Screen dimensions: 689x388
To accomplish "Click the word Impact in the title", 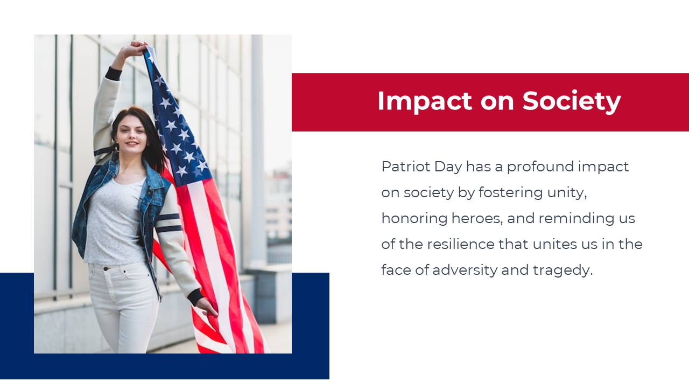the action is point(425,101).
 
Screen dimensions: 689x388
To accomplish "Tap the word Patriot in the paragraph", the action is point(406,167).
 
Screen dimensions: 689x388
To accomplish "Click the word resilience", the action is point(461,244).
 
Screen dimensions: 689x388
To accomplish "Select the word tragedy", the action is point(563,271).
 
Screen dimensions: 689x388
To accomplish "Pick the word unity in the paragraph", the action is point(567,193).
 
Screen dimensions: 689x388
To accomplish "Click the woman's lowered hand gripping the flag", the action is point(208,307).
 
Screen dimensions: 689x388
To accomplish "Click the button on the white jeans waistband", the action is point(106,269).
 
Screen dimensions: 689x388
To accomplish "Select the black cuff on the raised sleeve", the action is point(114,74).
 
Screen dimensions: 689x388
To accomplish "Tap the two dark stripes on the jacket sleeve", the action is point(168,223).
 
